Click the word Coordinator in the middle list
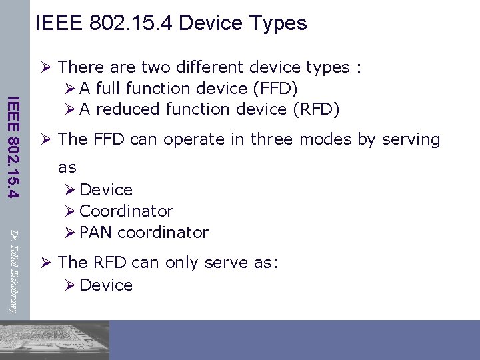click(x=126, y=211)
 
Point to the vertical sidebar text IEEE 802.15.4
click(x=13, y=147)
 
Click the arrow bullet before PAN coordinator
click(x=70, y=233)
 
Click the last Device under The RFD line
click(x=106, y=285)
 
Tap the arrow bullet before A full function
click(x=70, y=88)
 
